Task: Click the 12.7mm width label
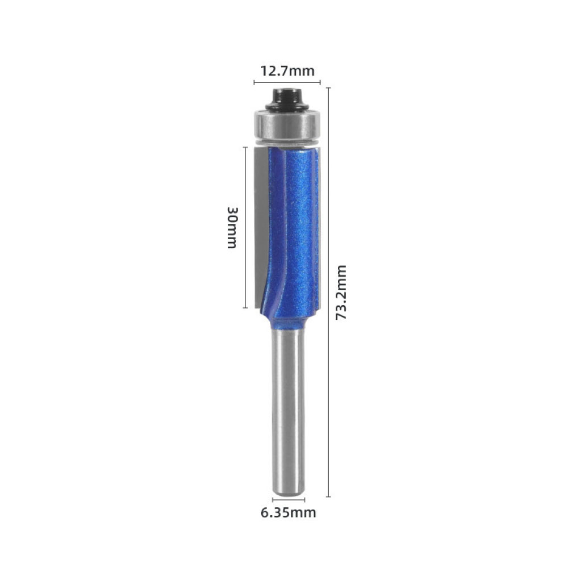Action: tap(287, 71)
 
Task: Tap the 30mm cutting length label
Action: tap(232, 227)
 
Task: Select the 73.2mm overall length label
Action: tap(341, 292)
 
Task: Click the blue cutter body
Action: tap(295, 227)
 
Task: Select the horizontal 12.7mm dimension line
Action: tap(287, 83)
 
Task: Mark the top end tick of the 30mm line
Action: tap(245, 147)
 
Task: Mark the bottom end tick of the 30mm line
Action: tap(245, 308)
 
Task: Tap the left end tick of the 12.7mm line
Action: tap(254, 83)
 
